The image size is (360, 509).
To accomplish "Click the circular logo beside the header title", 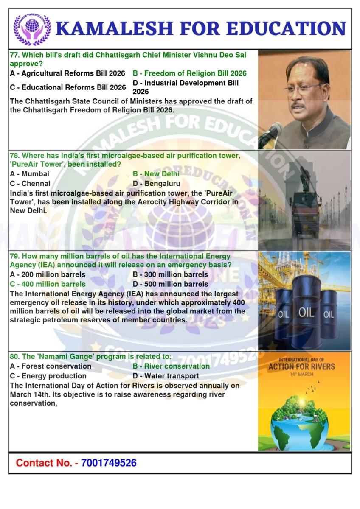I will pos(32,28).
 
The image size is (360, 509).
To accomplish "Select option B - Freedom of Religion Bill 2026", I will pos(189,73).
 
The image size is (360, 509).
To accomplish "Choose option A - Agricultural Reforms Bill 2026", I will pos(67,73).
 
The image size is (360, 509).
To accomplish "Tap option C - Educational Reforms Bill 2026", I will pos(67,88).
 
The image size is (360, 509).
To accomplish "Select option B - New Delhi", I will pos(156,174).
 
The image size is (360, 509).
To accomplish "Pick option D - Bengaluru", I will pos(156,184).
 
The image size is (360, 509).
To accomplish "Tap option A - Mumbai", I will pos(29,174).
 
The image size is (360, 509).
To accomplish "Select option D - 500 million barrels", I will pos(170,284).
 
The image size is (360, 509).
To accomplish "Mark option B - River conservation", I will pos(171,366).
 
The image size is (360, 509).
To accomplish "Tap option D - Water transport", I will pos(166,376).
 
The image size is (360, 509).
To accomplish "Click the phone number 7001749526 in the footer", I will pos(109,463).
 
